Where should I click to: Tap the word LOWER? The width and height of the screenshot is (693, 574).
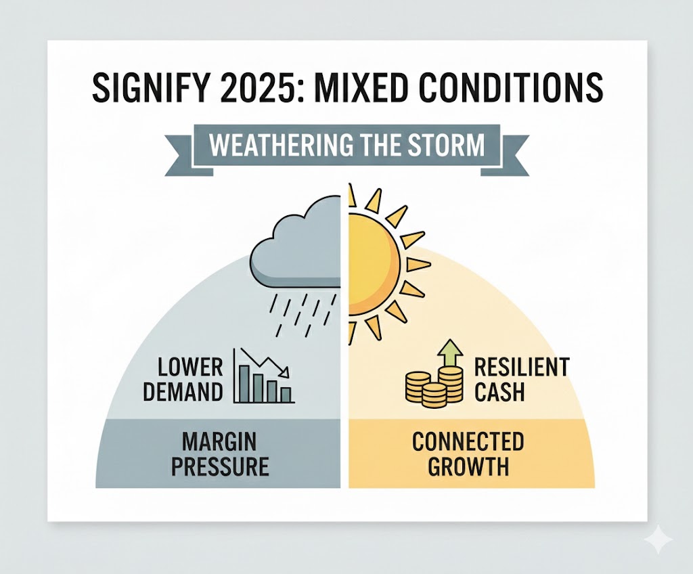[x=190, y=368]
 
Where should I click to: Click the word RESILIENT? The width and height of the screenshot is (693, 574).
[x=521, y=368]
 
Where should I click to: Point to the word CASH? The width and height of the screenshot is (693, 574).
[x=499, y=392]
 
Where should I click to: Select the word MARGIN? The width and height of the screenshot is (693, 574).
[x=220, y=443]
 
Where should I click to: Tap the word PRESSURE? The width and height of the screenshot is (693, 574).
[x=220, y=466]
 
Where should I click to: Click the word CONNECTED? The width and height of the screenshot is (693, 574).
[x=468, y=443]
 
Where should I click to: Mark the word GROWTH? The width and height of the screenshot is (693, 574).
[x=468, y=466]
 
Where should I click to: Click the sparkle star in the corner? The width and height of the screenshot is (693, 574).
[x=658, y=541]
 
